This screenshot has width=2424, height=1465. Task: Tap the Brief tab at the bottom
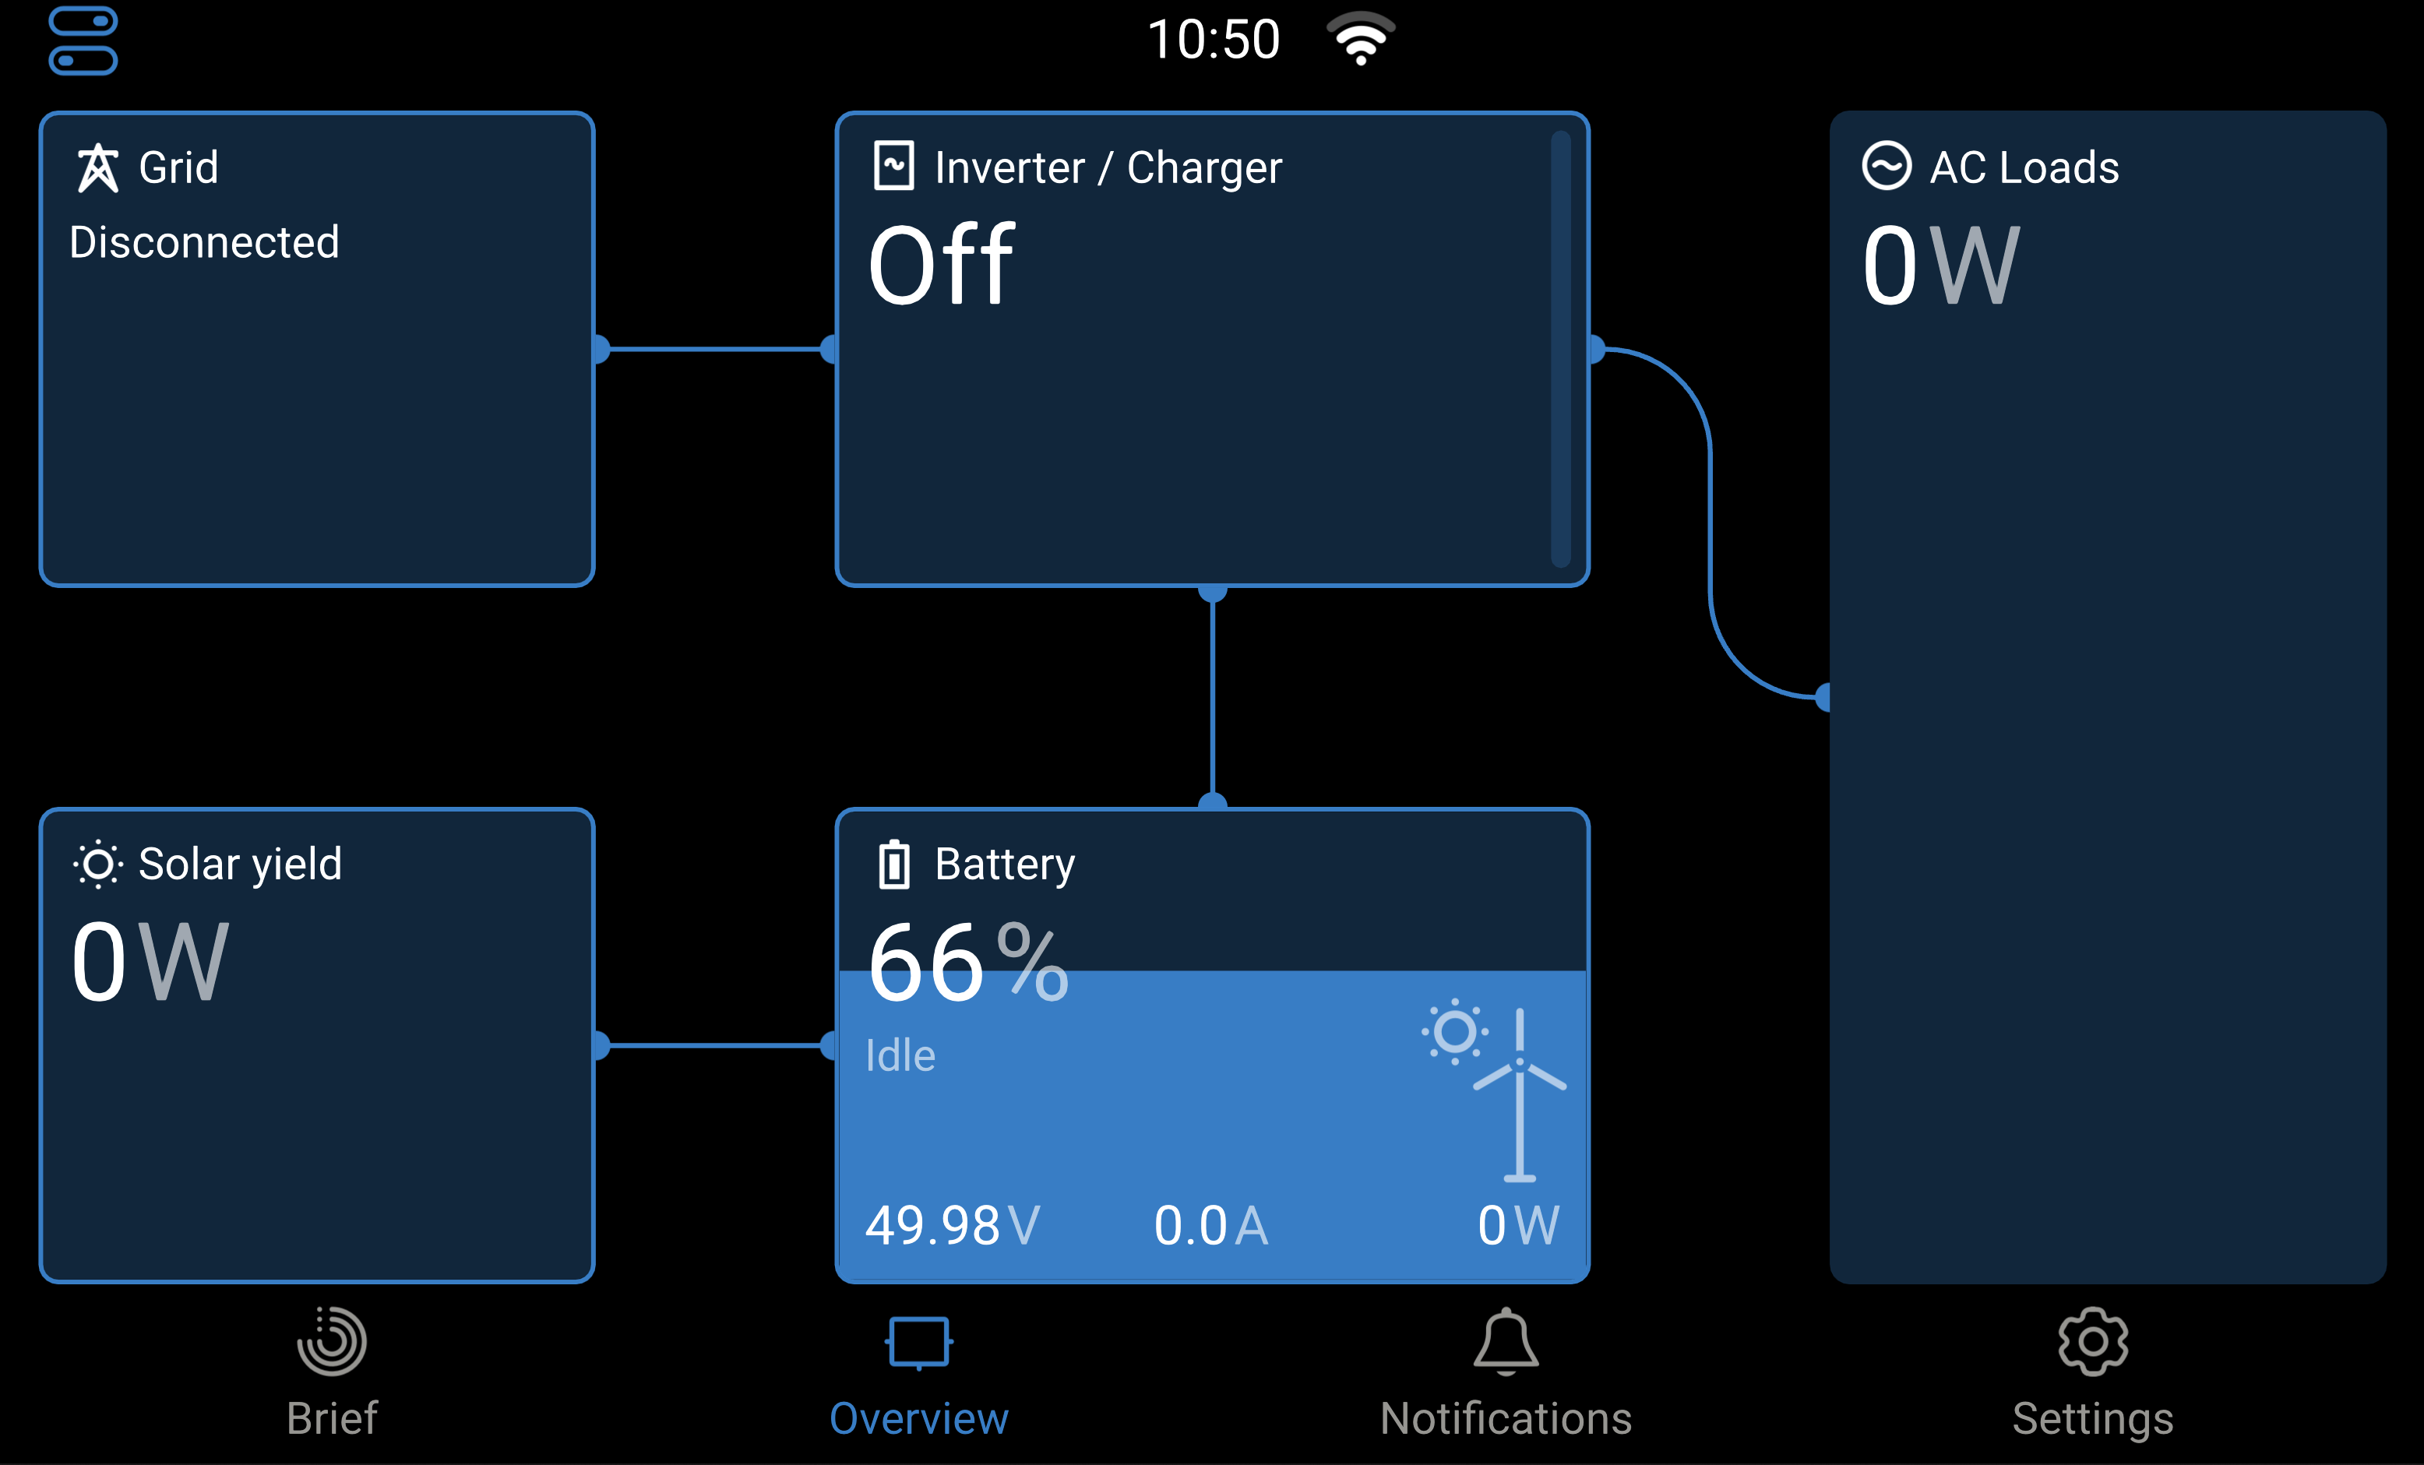(333, 1372)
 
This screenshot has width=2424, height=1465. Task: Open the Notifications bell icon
(1505, 1341)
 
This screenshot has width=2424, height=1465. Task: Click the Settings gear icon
(2092, 1341)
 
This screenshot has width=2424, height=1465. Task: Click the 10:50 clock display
(1214, 40)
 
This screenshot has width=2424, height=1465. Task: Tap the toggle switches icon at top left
(83, 40)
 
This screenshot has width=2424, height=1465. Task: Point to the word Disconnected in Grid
(205, 242)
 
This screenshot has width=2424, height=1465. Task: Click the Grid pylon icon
(97, 167)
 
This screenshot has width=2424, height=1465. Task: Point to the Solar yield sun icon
(98, 865)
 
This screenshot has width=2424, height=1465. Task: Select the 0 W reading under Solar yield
(150, 961)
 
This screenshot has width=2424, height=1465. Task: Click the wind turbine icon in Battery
(1520, 1094)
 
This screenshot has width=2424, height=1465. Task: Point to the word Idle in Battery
(900, 1055)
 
